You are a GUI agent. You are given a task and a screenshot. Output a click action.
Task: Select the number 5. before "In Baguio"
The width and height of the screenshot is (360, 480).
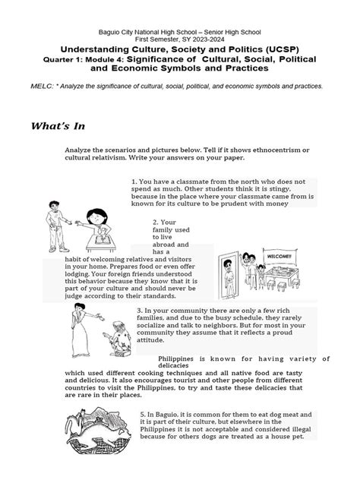point(143,415)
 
